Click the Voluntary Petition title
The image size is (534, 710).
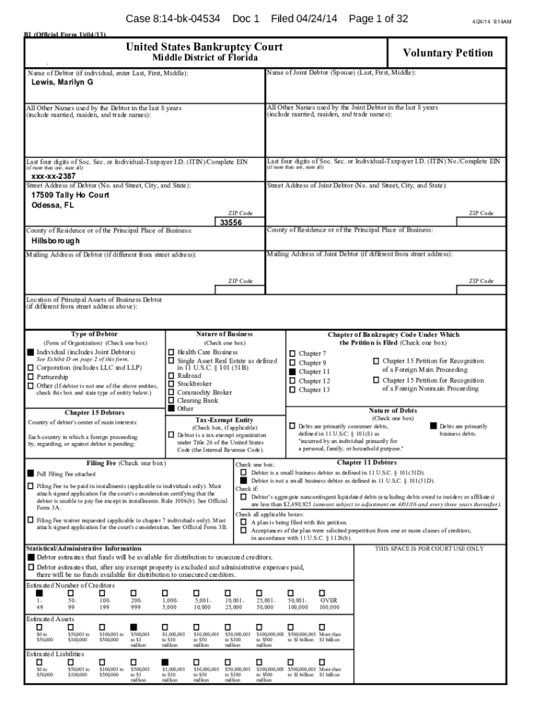(x=448, y=53)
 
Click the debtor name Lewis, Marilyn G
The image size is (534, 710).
(x=62, y=83)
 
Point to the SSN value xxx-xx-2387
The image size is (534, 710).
(x=53, y=176)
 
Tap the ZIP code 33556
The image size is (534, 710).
(x=230, y=223)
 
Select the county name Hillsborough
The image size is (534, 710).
(x=56, y=241)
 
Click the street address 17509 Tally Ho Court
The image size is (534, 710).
(x=70, y=196)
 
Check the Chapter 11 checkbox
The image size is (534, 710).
(x=292, y=372)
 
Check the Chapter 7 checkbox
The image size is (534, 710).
(x=292, y=354)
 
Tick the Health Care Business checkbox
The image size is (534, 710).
(x=171, y=352)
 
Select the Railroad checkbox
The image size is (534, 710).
(x=171, y=375)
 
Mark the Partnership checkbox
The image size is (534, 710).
(x=30, y=376)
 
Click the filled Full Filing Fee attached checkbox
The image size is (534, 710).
(x=30, y=474)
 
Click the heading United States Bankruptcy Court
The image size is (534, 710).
(x=204, y=47)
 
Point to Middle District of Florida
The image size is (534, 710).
(x=204, y=58)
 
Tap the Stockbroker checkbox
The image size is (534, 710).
(x=171, y=383)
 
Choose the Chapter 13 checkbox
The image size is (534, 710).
(x=292, y=390)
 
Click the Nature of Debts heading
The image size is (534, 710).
(x=393, y=410)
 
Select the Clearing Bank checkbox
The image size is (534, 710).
(x=171, y=401)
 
